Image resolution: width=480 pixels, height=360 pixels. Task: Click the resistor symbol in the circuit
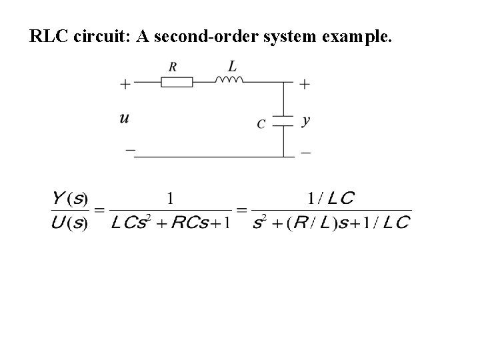[177, 82]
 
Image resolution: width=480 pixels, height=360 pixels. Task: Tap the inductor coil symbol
[229, 79]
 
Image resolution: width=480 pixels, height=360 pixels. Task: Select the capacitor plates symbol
[285, 120]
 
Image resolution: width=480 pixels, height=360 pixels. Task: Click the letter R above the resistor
[173, 67]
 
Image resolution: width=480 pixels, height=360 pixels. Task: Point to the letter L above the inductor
[231, 65]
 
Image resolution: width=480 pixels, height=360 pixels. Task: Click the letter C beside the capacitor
[261, 123]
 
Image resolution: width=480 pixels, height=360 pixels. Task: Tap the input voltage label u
[125, 119]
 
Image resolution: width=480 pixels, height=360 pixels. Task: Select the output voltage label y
[305, 121]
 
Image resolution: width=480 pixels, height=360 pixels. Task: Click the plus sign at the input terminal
[125, 84]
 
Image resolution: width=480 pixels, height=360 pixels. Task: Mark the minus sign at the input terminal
[130, 150]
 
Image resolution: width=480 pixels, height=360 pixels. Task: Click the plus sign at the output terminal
[305, 84]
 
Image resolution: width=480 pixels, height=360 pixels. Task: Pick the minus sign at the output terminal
[305, 152]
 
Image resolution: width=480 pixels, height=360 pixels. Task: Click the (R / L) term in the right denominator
[308, 223]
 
